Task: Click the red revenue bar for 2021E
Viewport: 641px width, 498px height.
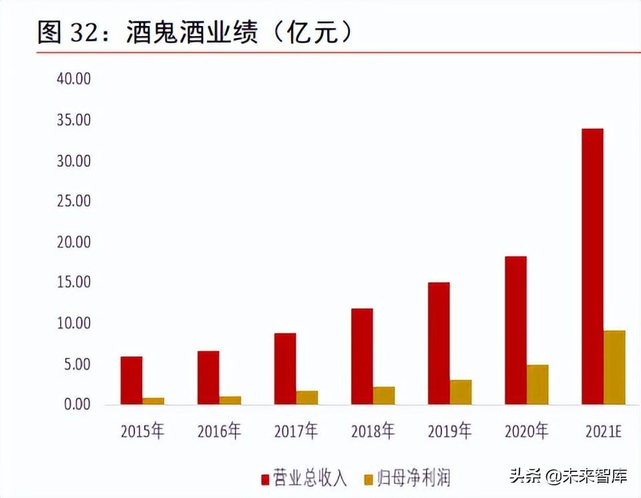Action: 592,266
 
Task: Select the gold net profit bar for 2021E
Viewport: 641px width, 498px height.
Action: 614,367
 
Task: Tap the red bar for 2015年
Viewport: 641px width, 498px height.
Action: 131,381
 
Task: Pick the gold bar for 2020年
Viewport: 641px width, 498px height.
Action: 538,385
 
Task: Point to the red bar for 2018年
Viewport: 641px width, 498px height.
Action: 362,356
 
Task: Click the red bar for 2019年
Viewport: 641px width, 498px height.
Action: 439,343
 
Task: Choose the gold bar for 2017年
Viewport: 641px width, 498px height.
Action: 307,398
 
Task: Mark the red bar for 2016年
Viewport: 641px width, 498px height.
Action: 208,378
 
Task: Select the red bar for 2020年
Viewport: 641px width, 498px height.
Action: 515,330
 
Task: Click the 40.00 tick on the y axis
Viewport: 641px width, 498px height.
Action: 73,79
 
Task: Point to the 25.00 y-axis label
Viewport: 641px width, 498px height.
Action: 73,201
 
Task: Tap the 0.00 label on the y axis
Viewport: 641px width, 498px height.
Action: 77,405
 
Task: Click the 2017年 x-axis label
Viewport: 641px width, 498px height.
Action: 296,431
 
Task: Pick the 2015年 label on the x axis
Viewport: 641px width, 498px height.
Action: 142,431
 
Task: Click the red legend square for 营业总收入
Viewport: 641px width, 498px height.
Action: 265,478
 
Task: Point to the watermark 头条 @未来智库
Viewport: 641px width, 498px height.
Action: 568,477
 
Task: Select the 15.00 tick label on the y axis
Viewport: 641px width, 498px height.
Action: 73,282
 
